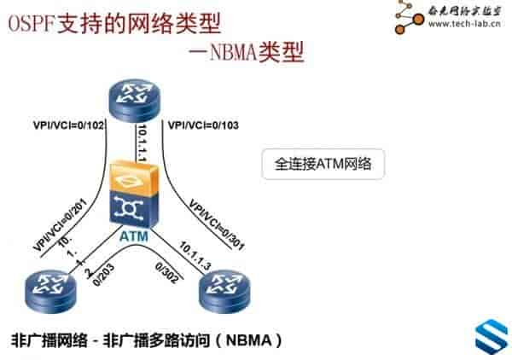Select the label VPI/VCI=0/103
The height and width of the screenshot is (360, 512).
pos(205,125)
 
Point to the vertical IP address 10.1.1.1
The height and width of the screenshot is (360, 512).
pos(143,139)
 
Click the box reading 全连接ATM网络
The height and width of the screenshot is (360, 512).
pos(323,163)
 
